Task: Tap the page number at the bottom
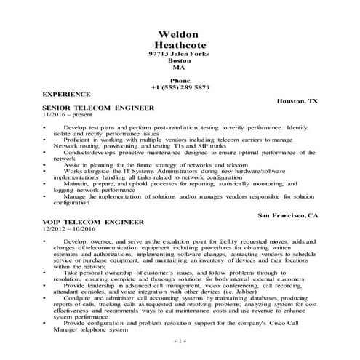point(180,340)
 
